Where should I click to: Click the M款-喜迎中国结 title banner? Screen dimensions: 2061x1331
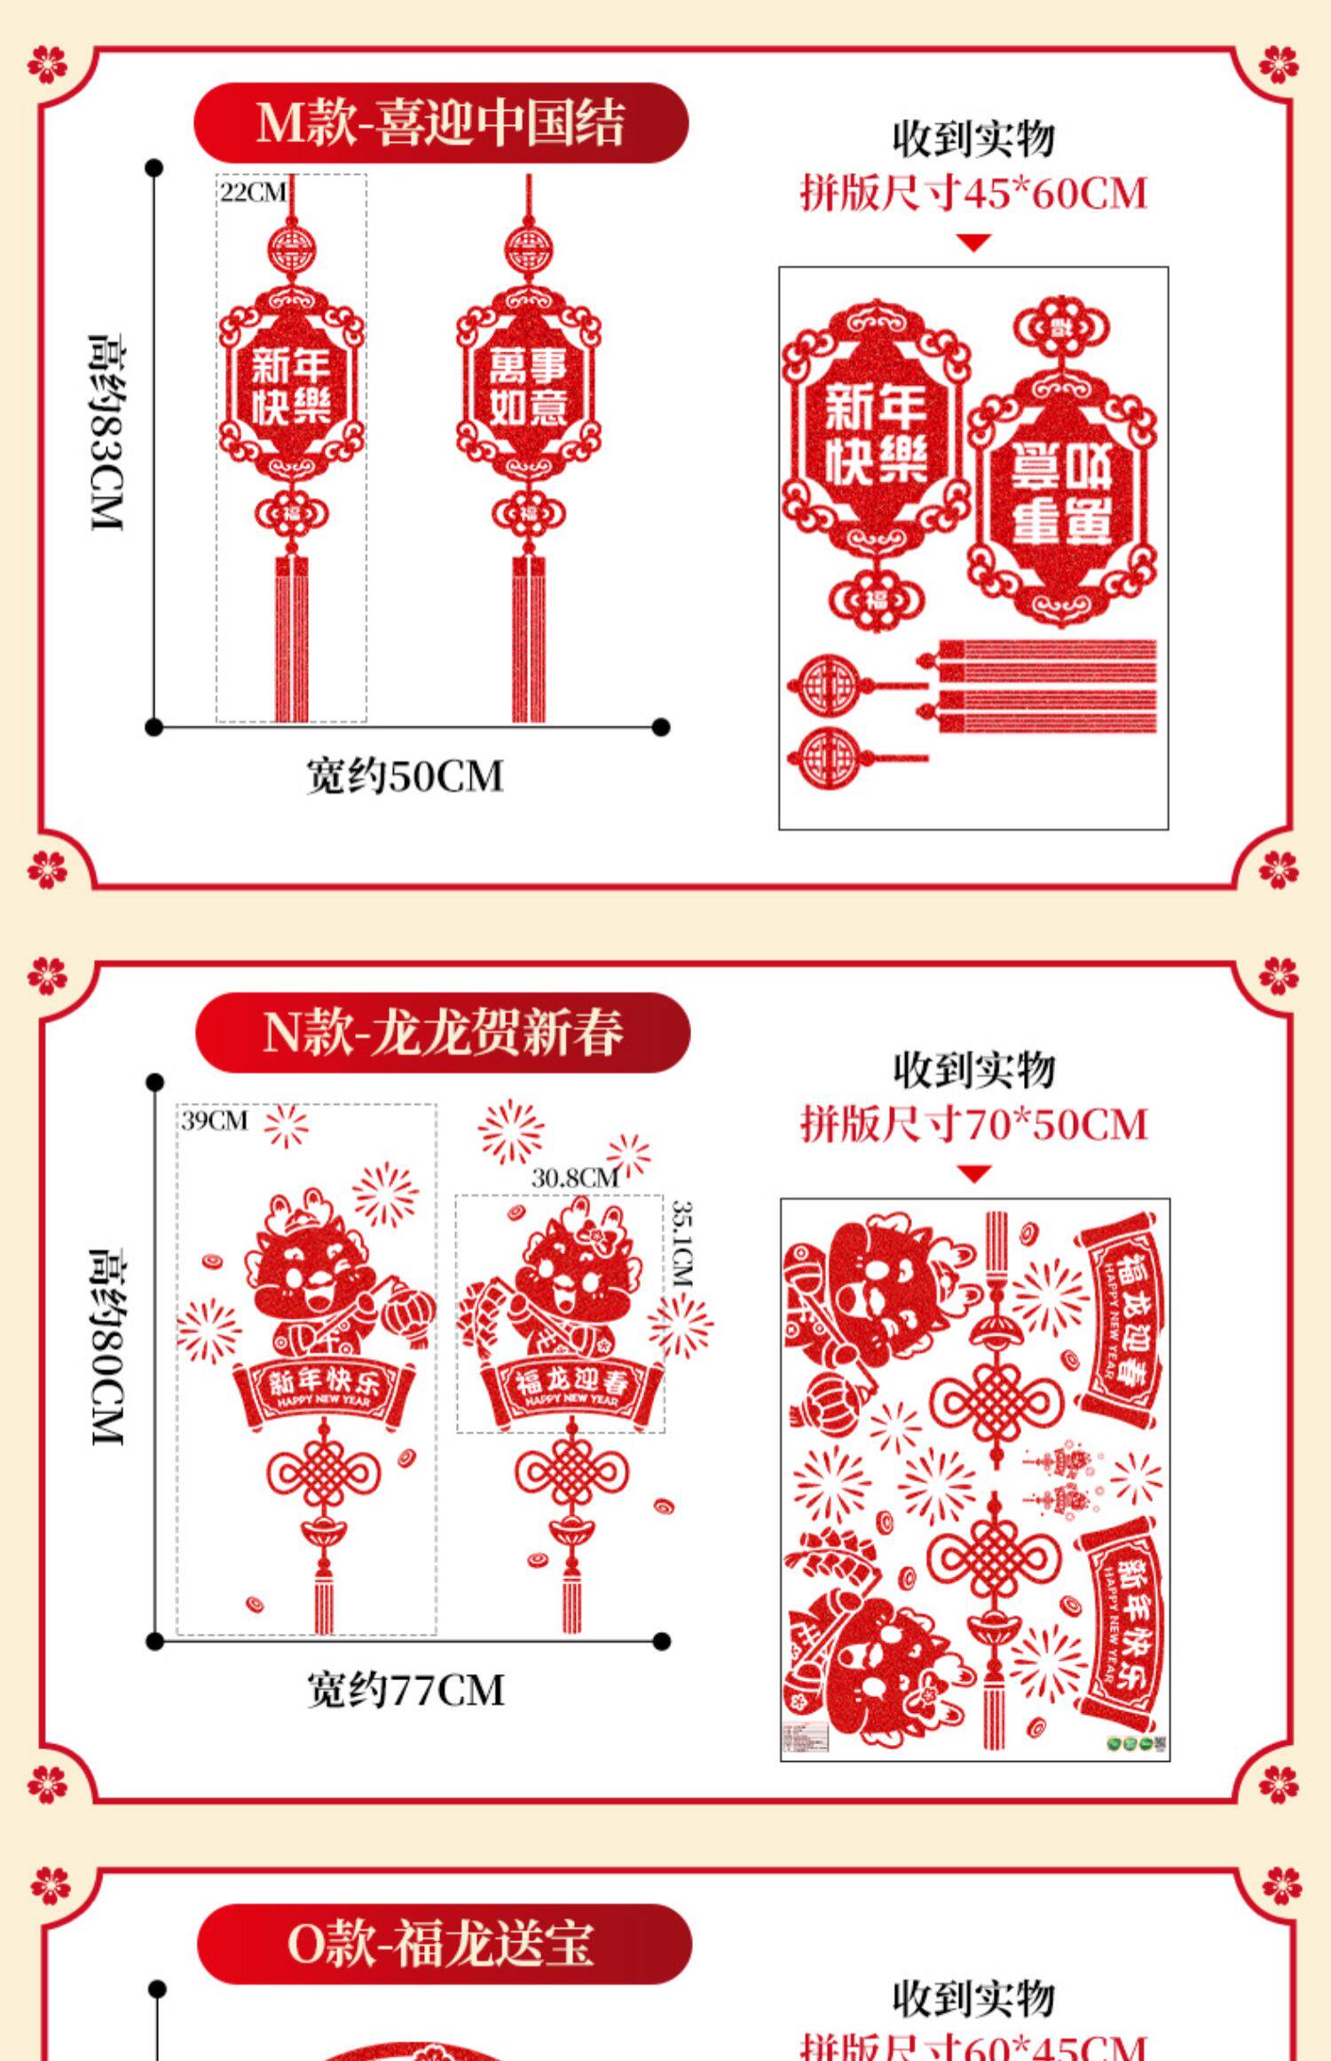point(441,122)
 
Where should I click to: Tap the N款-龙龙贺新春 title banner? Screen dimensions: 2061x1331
point(443,1032)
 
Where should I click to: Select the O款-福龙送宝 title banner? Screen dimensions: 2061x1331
point(443,1943)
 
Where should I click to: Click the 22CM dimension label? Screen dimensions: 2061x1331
point(253,193)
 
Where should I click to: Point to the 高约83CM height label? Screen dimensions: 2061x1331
point(106,433)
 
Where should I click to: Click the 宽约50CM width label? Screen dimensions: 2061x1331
point(405,777)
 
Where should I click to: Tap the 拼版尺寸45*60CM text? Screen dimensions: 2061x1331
point(973,193)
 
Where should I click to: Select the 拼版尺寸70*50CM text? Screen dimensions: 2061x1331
point(973,1125)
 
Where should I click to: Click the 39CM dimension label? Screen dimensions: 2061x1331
point(215,1120)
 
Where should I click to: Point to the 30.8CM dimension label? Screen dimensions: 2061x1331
point(574,1178)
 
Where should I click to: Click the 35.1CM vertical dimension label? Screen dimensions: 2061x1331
point(681,1243)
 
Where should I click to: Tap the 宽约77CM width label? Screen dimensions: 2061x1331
point(406,1689)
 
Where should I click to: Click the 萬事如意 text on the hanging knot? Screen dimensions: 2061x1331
point(529,388)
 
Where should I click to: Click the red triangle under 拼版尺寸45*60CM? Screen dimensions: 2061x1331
point(973,242)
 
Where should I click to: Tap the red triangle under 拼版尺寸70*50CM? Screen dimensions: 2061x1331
point(973,1174)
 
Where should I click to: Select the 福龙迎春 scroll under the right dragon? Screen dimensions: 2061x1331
point(572,1386)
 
